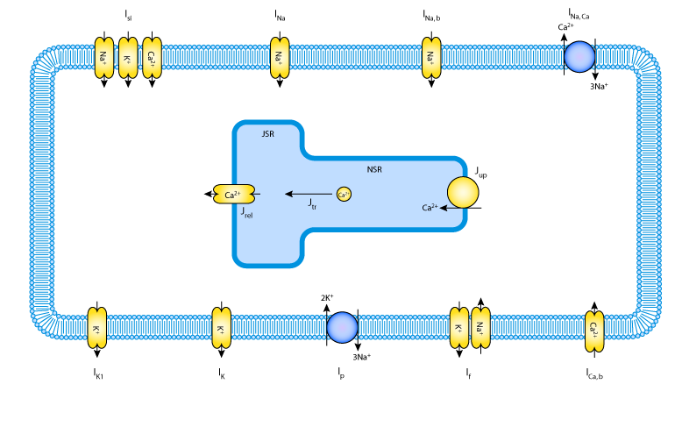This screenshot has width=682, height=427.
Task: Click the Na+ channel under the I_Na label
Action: [x=280, y=58]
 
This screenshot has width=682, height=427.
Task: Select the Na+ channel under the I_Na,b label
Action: [x=431, y=58]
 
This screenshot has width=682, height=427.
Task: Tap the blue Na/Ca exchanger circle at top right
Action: [x=579, y=58]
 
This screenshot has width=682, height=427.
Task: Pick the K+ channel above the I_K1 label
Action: [x=96, y=330]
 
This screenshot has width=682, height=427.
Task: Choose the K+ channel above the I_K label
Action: [x=221, y=330]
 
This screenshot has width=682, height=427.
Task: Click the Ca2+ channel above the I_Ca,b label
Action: [x=594, y=330]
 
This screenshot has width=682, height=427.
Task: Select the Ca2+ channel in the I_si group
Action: [x=153, y=58]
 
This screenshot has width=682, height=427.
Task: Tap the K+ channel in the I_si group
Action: [x=128, y=58]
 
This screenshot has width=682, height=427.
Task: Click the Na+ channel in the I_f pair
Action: [x=480, y=330]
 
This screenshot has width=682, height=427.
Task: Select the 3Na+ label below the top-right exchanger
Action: [x=599, y=88]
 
